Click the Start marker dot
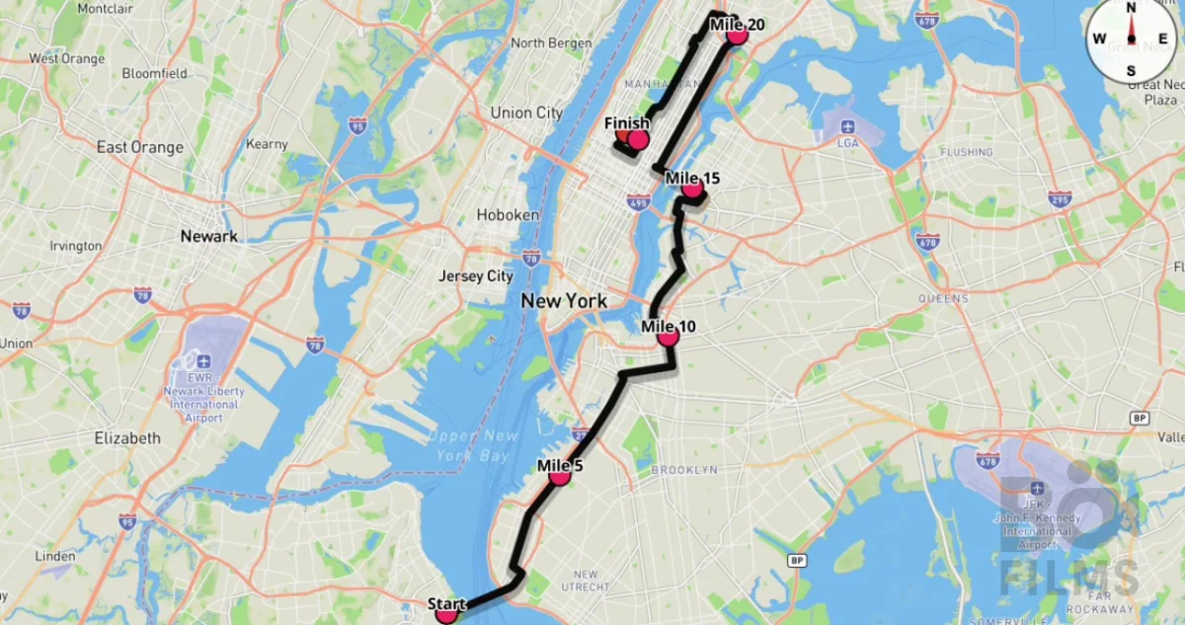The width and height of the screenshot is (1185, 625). coord(446,614)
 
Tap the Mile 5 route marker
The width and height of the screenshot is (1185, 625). coord(560,476)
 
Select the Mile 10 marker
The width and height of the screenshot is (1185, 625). coord(669,337)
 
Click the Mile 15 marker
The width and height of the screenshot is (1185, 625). coord(691,190)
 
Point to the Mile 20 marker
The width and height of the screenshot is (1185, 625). coord(736,36)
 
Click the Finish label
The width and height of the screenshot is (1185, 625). coord(627,123)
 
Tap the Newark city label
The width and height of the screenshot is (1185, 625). coord(208,236)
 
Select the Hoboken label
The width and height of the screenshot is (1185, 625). coord(508,214)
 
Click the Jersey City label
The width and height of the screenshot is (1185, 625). coord(476,276)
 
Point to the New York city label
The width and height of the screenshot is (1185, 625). coord(564,300)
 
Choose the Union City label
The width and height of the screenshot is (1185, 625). coord(526,113)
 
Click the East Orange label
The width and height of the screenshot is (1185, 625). coord(140,147)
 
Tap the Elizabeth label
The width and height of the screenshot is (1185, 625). coord(127,437)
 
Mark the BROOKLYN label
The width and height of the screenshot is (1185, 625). coord(684,470)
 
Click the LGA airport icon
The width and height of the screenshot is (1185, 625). coord(846,127)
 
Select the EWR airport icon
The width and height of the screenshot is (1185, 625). coord(203,361)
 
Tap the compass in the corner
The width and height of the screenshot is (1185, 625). coord(1132,39)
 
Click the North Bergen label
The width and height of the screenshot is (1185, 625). coord(551,43)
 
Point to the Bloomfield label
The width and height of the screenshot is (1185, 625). coord(155,73)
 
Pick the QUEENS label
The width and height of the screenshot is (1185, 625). coord(943,297)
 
